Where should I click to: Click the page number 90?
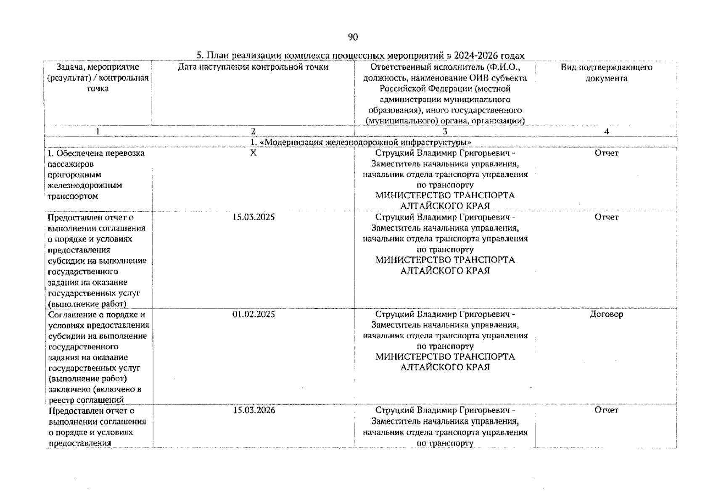[353, 37]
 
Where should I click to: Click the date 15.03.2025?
[254, 217]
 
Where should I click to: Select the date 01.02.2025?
[254, 314]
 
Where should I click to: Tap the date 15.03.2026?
[254, 410]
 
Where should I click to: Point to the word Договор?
[606, 314]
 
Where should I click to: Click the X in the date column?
[253, 153]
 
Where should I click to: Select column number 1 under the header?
[98, 131]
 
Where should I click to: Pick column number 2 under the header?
[253, 131]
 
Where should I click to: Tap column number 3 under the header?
[445, 131]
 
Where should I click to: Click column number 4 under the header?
[606, 131]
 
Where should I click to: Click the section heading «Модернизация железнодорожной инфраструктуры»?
[361, 142]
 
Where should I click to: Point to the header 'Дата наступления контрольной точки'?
[253, 67]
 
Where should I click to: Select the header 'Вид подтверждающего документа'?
[606, 73]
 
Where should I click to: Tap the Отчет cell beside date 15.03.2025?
[606, 217]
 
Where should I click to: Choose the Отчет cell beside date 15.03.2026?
[606, 410]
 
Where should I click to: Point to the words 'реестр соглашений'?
[86, 400]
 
